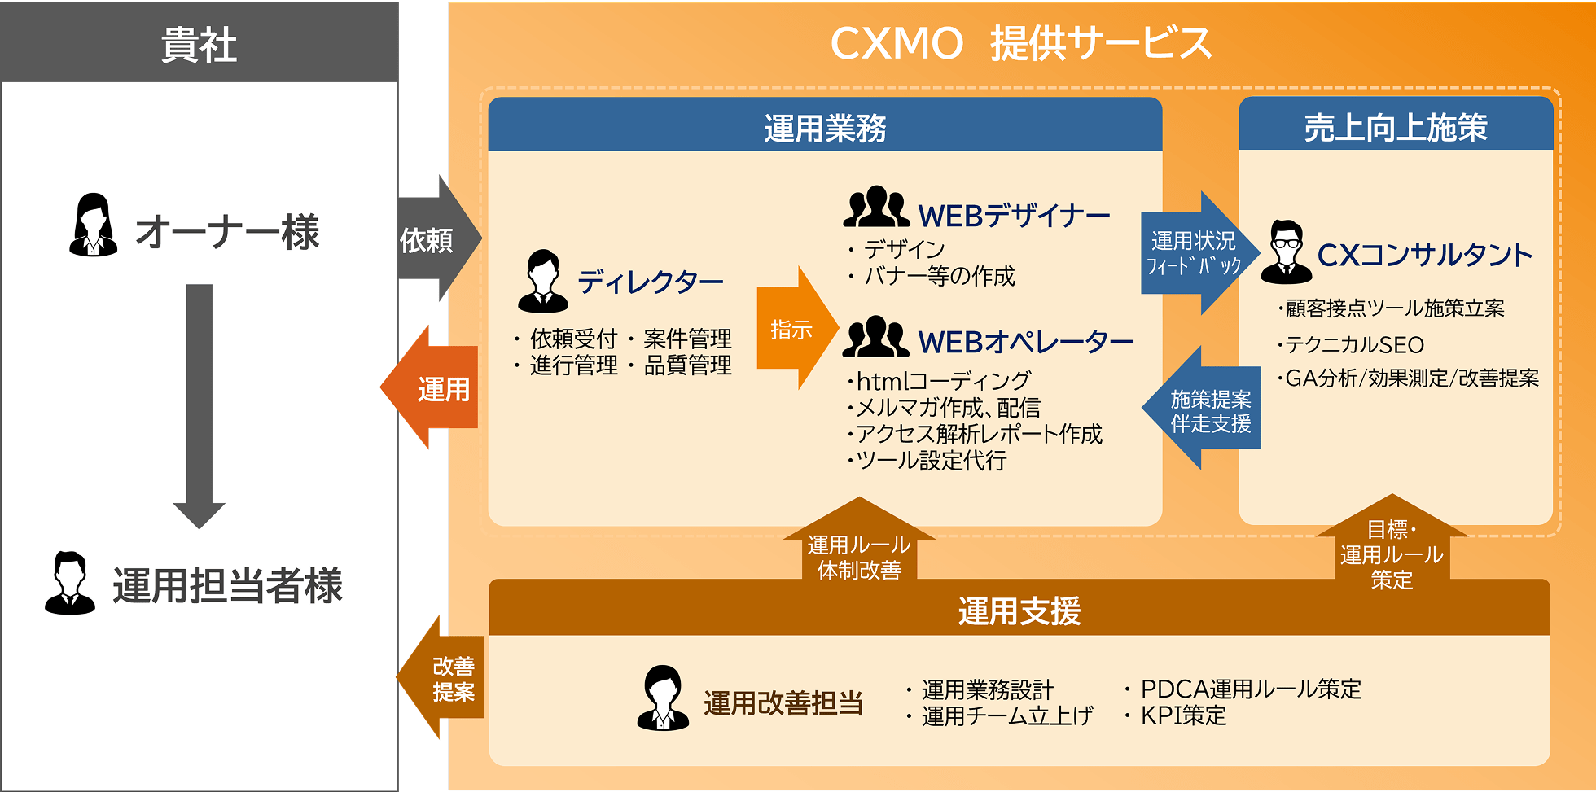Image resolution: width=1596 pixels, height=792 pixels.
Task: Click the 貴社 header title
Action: click(x=199, y=44)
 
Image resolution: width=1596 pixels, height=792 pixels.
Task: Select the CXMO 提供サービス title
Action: click(x=1020, y=44)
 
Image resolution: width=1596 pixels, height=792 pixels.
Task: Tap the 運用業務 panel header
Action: click(x=824, y=128)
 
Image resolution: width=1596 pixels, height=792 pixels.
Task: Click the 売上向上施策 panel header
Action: click(x=1395, y=127)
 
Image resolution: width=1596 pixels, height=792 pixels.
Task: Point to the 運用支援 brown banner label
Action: click(x=1019, y=610)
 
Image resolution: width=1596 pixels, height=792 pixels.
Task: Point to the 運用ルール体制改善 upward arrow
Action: click(x=859, y=547)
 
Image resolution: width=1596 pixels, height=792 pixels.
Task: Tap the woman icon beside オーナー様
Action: click(x=92, y=225)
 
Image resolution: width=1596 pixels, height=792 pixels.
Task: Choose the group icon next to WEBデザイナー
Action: click(x=875, y=208)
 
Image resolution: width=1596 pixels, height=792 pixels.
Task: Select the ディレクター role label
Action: click(x=650, y=282)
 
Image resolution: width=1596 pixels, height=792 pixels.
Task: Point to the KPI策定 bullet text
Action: click(x=1183, y=715)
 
